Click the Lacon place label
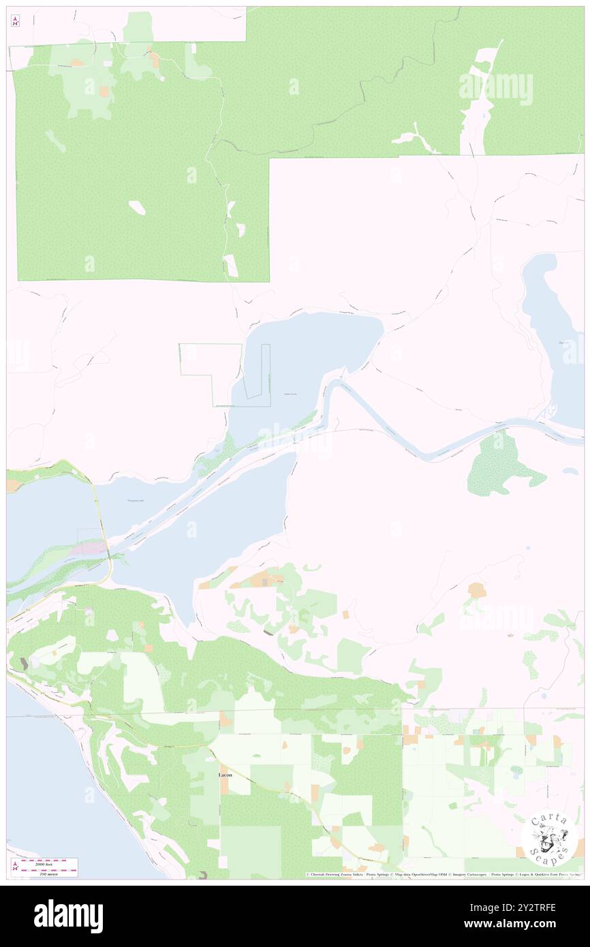[x=225, y=775]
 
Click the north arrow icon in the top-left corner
[x=15, y=21]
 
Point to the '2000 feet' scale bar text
[x=48, y=863]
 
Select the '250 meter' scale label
[x=48, y=873]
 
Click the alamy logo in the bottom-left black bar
[x=68, y=915]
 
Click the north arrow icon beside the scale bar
[x=15, y=867]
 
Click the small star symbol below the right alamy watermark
[x=510, y=636]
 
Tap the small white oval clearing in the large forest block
[x=137, y=207]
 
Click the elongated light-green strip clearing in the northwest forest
[x=55, y=141]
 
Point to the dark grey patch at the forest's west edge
[x=25, y=662]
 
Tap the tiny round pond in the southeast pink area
[x=527, y=547]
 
